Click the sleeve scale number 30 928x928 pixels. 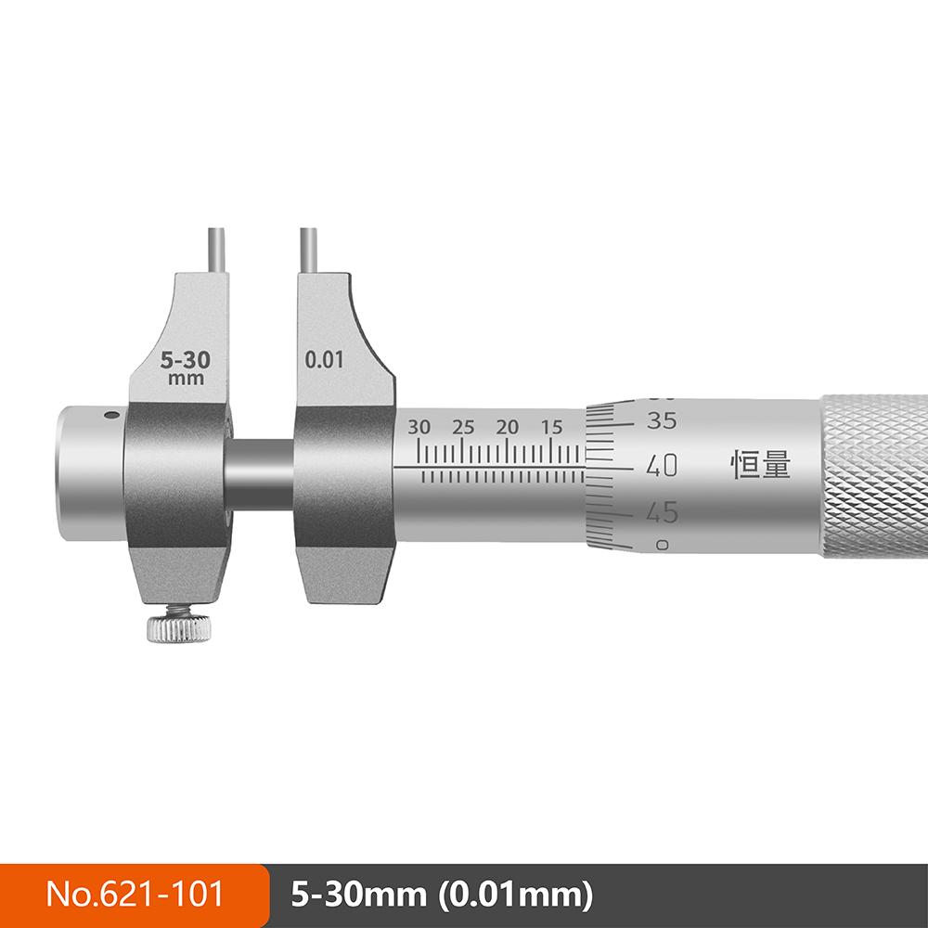[419, 427]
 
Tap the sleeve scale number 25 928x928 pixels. [463, 427]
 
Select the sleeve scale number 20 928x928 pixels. [508, 427]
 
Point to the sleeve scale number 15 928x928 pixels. [551, 427]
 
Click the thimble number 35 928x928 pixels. [662, 420]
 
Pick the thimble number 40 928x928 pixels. [662, 466]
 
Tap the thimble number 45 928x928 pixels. [662, 512]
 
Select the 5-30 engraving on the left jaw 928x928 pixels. [186, 360]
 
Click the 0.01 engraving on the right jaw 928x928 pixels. [324, 360]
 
